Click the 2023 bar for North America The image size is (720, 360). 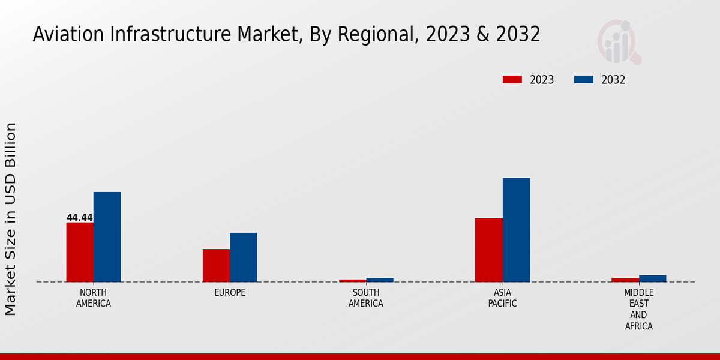(x=80, y=252)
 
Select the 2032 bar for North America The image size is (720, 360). (x=107, y=237)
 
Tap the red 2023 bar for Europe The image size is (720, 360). (x=216, y=265)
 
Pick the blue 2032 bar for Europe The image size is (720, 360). (x=243, y=257)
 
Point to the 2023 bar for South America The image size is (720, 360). (x=352, y=280)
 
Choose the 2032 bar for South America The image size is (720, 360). (x=380, y=280)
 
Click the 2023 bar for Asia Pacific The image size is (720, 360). (x=488, y=250)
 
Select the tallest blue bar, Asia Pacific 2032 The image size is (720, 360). (x=516, y=230)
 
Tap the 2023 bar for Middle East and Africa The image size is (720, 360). (x=625, y=280)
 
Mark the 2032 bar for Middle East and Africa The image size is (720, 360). (x=652, y=278)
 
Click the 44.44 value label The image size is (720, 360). (x=80, y=217)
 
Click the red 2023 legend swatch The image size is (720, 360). (x=512, y=80)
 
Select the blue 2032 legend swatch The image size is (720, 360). (x=584, y=80)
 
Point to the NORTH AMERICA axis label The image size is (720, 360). (x=94, y=298)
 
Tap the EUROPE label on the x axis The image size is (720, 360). (x=230, y=293)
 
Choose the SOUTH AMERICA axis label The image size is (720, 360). (x=366, y=298)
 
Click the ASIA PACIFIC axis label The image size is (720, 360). (x=502, y=298)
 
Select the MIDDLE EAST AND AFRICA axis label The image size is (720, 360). (x=638, y=310)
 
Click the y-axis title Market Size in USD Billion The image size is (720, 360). (x=11, y=219)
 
